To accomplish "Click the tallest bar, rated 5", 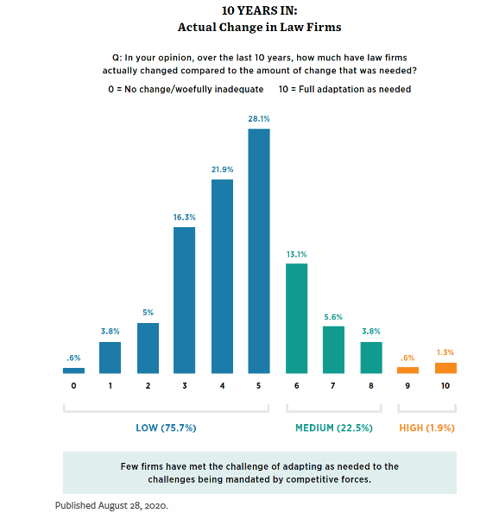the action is coord(259,251).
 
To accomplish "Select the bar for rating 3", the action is coord(185,301).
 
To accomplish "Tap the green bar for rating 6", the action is coord(297,319).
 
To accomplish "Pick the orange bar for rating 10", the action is coord(445,368).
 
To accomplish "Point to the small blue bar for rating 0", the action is coord(73,370).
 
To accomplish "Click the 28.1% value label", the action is coord(259,119).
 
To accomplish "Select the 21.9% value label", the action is coord(223,169).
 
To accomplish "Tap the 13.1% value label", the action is coord(297,254).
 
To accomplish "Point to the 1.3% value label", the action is coord(445,352).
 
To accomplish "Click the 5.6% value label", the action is coord(333,317).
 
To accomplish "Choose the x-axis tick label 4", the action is coord(223,386).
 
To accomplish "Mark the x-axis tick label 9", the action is coord(407,386).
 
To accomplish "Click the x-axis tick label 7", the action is coord(333,386).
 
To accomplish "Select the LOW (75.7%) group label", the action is coord(166,428).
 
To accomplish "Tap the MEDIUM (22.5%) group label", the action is coord(334,428).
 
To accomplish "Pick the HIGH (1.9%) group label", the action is coord(427,428).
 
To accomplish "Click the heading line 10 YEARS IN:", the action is coord(260,10).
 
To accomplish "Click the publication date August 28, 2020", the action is coord(134,506).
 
